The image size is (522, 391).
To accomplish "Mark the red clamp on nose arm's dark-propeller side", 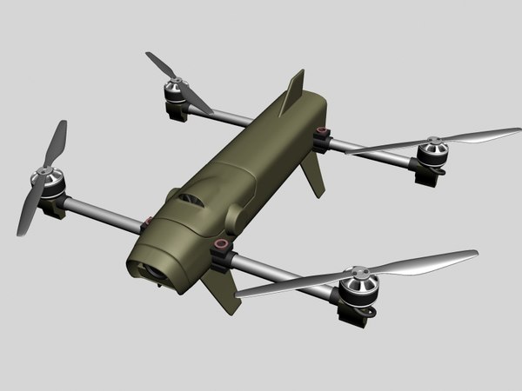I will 147,221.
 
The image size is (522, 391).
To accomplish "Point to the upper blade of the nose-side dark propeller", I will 56,143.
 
